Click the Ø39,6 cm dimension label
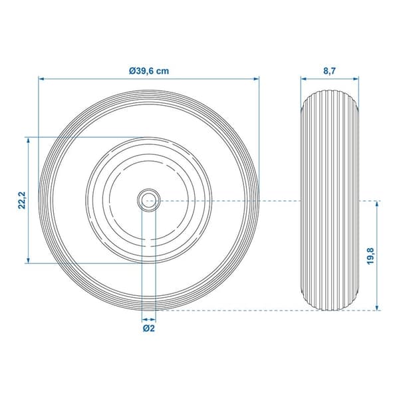tap(149, 71)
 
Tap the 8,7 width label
tap(330, 71)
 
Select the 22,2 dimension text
tap(22, 200)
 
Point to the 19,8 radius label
tap(370, 256)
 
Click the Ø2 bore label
tap(149, 329)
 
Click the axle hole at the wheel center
tap(148, 201)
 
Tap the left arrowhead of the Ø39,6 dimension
tap(41, 79)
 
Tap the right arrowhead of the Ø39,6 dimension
tap(256, 79)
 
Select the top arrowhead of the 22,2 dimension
tap(28, 140)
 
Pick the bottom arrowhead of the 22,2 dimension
tap(28, 260)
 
